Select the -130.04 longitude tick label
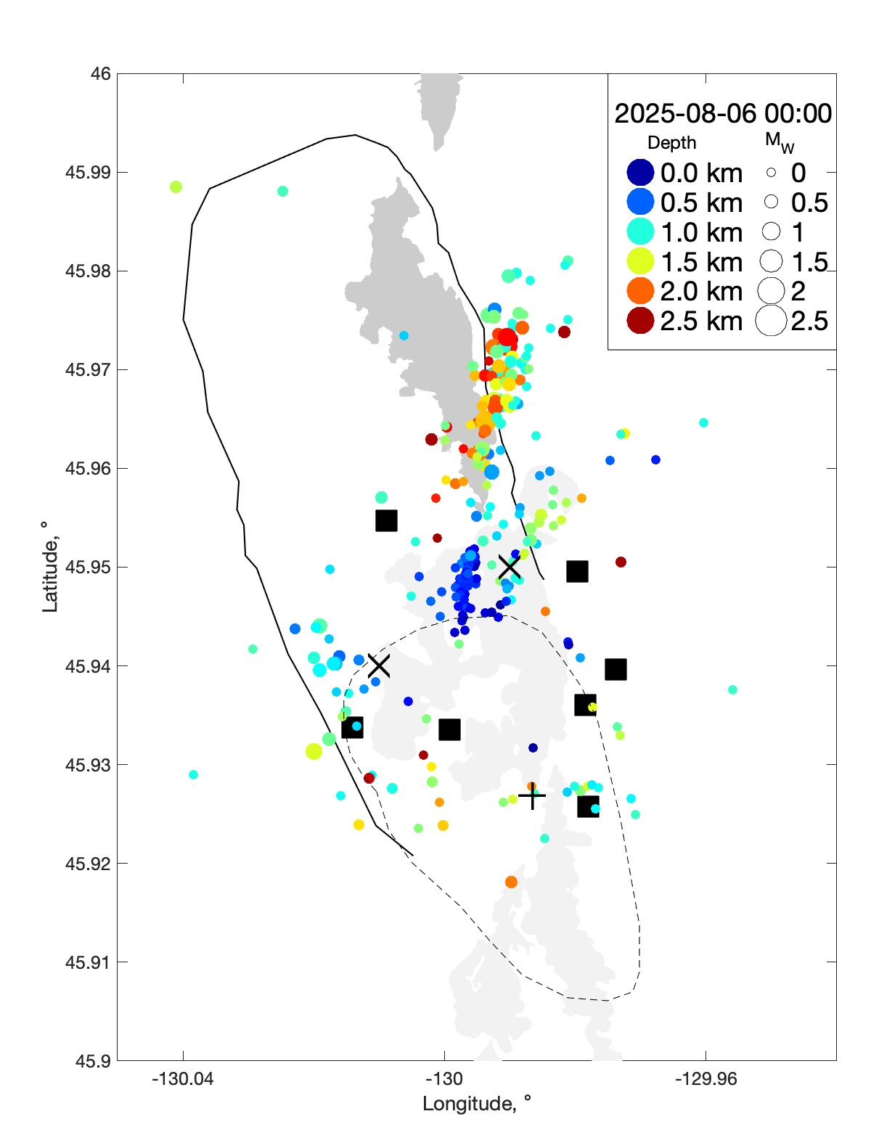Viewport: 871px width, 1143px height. point(183,1079)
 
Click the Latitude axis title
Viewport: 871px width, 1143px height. point(49,567)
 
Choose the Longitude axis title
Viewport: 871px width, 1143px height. point(477,1104)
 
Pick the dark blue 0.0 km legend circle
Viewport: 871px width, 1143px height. point(640,173)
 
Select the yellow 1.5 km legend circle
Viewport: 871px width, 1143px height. point(640,262)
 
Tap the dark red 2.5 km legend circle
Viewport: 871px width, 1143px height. point(640,321)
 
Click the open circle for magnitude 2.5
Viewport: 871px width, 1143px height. point(771,321)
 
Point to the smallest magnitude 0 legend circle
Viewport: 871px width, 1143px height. point(771,173)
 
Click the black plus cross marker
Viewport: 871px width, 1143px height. point(532,797)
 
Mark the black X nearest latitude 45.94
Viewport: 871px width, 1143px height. point(379,665)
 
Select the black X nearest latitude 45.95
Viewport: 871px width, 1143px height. point(510,567)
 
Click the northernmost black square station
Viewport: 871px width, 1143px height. point(386,520)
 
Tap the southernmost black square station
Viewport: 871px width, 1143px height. point(588,806)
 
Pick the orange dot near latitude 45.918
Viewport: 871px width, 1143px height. point(511,882)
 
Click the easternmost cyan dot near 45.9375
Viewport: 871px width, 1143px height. point(732,689)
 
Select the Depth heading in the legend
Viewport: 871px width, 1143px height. point(671,143)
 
